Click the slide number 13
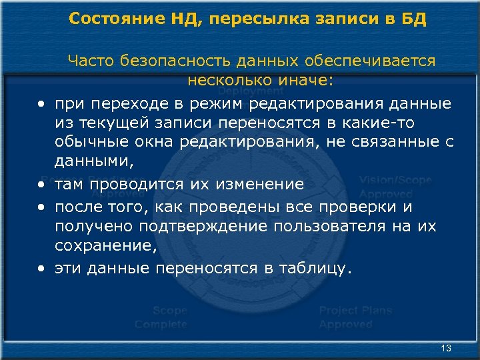click(447, 349)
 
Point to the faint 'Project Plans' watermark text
click(355, 311)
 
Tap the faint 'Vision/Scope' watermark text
click(395, 181)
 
